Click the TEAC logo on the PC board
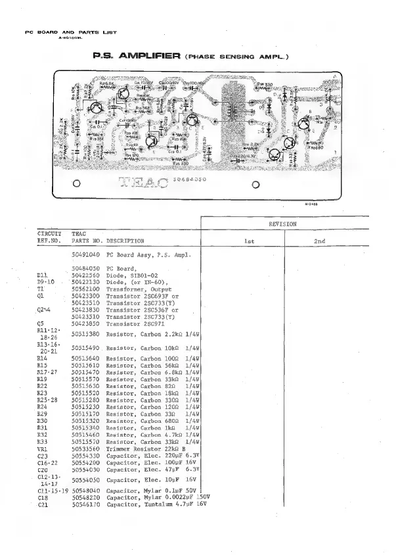coord(142,182)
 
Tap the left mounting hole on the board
coord(77,184)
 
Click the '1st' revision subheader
coord(249,241)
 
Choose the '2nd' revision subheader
coord(319,241)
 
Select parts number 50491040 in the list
coord(85,254)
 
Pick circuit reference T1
coord(41,289)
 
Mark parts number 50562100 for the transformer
coord(85,289)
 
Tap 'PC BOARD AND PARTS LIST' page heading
coord(61,31)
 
